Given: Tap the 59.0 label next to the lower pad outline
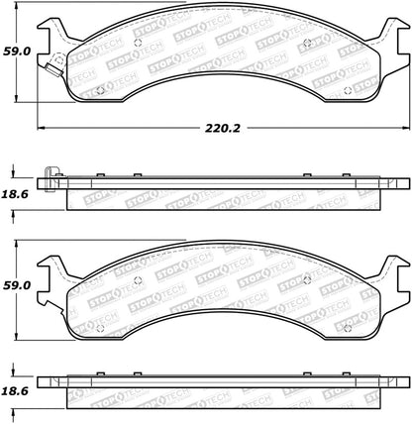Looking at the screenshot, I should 17,284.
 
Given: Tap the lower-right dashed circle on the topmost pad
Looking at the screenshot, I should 345,91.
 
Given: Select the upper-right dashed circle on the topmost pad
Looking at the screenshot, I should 308,42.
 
